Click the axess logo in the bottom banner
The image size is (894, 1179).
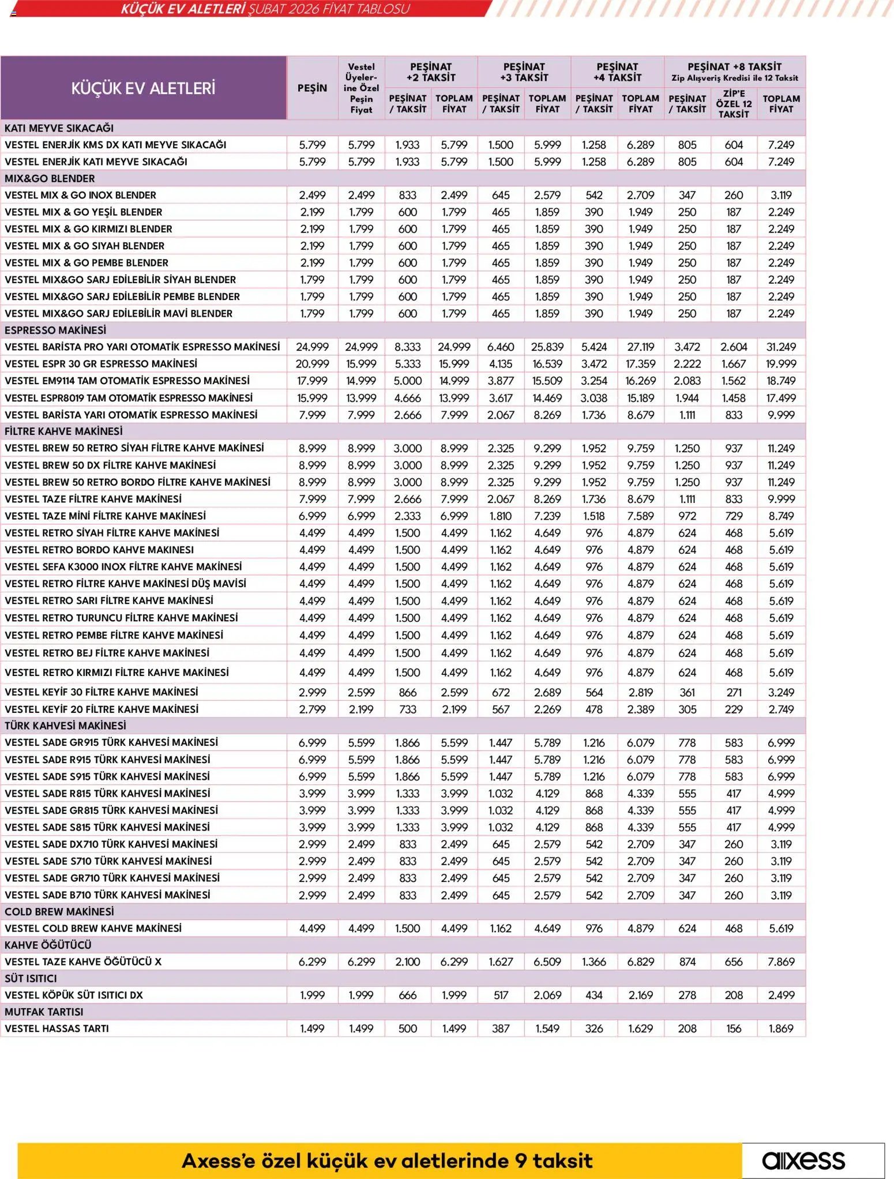click(803, 1160)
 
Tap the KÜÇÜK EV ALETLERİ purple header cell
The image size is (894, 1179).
click(143, 88)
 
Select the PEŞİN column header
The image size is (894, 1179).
click(312, 88)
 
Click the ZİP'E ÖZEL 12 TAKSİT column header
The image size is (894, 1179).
click(734, 104)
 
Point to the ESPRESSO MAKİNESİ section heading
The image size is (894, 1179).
click(55, 331)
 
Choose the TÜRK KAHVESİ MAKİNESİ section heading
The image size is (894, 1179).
click(65, 726)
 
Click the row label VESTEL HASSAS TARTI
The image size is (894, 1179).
click(57, 1028)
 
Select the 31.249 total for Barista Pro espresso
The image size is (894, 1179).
click(781, 347)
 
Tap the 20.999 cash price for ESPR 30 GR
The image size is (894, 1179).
click(312, 364)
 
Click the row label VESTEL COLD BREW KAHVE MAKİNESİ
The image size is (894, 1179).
click(93, 928)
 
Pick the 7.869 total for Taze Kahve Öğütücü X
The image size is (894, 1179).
click(781, 962)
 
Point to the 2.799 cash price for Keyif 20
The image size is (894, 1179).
click(312, 709)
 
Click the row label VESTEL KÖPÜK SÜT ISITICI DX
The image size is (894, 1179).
click(74, 995)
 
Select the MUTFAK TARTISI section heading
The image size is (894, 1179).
click(44, 1012)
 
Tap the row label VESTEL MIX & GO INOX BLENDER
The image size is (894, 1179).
click(80, 196)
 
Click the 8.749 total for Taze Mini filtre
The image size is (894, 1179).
click(781, 516)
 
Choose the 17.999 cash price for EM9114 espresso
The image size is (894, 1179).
click(312, 381)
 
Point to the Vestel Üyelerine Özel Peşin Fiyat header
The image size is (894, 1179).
click(361, 88)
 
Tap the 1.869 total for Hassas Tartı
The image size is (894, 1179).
click(781, 1028)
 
